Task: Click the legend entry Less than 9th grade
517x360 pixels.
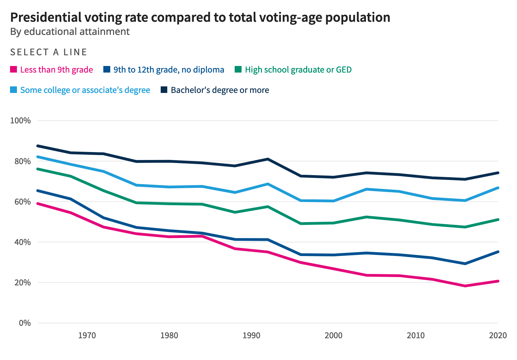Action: [x=56, y=70]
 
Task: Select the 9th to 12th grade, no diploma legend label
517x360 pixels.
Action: [x=169, y=70]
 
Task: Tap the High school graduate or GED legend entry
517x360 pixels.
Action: [x=298, y=70]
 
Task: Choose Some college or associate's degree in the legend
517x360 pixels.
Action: [x=85, y=90]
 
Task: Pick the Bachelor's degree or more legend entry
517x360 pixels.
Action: [x=220, y=90]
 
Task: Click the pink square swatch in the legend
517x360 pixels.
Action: [x=13, y=69]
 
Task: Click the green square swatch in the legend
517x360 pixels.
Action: [x=238, y=69]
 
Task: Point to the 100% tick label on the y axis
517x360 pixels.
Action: [x=20, y=121]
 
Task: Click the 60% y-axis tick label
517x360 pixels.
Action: [x=22, y=202]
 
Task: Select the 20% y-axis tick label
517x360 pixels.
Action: [x=22, y=283]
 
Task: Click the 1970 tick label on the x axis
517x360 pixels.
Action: [x=87, y=335]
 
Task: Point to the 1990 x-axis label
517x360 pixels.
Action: [x=251, y=335]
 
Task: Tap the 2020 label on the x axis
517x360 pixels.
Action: [x=498, y=335]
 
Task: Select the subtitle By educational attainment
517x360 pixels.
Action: [x=70, y=31]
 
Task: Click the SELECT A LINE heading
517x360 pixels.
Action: [x=49, y=52]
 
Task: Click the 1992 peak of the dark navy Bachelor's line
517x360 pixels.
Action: [x=268, y=159]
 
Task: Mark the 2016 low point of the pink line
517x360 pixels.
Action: [x=465, y=286]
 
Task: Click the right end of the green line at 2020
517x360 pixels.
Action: [x=498, y=220]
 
